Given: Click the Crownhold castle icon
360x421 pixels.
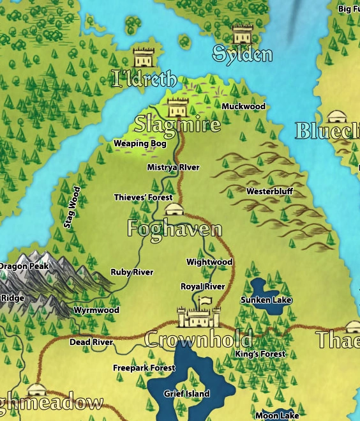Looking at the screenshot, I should (199, 313).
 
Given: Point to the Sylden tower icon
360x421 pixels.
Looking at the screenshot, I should (243, 34).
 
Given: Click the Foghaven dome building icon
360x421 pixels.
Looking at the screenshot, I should (174, 209).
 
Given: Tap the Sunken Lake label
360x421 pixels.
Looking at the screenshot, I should (266, 300).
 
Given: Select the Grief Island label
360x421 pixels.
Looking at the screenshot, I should (186, 394).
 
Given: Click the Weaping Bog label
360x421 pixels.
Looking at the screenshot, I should (140, 144).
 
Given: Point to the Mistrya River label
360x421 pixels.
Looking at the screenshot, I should (173, 167).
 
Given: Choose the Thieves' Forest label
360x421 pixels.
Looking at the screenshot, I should (143, 197).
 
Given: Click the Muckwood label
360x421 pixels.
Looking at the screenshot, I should (243, 106).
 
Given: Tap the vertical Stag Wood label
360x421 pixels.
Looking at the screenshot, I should (73, 208).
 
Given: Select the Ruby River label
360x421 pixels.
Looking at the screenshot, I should (132, 272).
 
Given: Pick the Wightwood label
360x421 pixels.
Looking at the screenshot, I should (209, 262).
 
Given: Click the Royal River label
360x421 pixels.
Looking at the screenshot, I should (202, 287).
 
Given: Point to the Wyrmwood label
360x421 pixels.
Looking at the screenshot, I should (96, 310).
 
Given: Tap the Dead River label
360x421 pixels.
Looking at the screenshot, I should (91, 342).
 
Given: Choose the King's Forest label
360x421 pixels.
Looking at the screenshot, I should (260, 354).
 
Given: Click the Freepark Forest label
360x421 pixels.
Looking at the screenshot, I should (144, 368).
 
